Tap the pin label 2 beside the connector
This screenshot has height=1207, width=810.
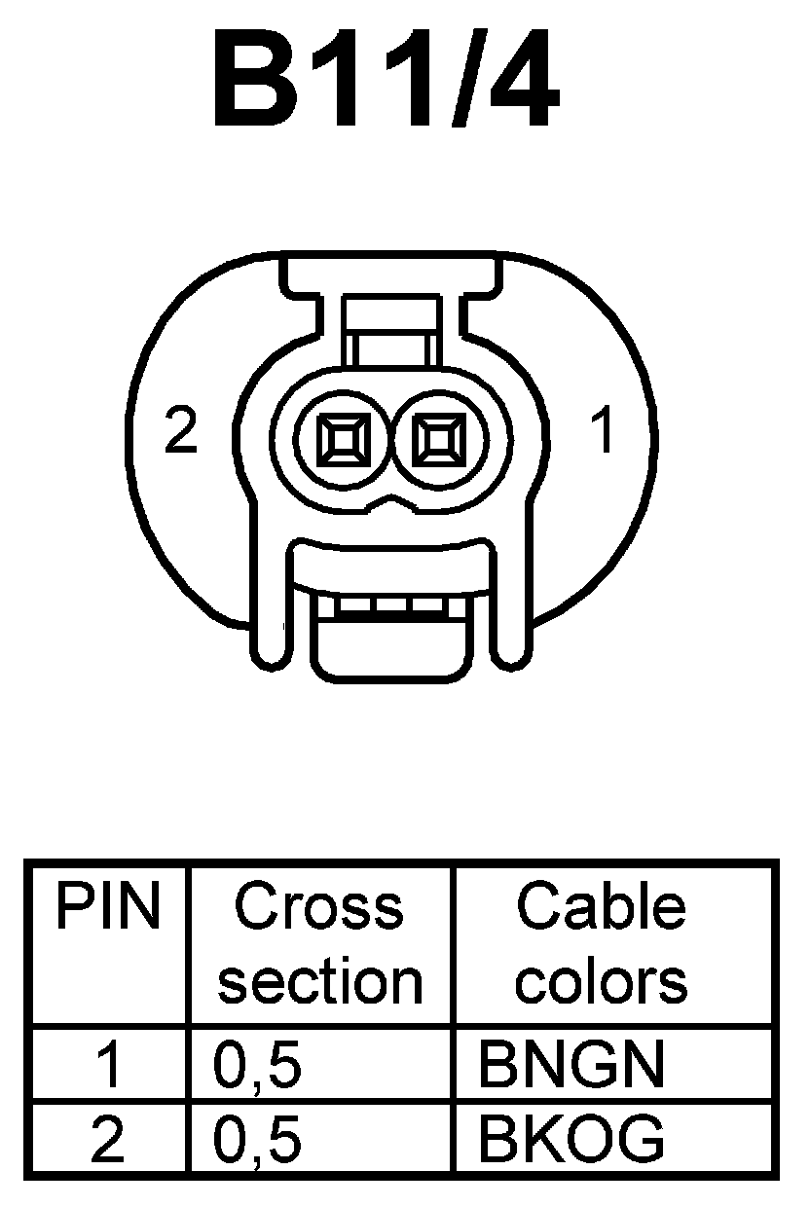point(181,431)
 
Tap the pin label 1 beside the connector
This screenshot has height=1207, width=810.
point(604,431)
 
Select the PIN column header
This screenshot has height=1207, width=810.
point(108,908)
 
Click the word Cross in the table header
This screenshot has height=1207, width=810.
point(319,908)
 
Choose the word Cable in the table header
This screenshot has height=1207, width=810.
point(601,908)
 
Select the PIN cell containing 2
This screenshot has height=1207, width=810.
point(107,1139)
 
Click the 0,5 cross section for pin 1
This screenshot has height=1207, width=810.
point(258,1065)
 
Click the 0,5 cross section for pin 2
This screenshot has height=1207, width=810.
point(258,1139)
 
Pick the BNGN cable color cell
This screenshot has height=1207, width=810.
point(571,1065)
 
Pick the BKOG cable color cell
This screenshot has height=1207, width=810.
point(571,1139)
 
